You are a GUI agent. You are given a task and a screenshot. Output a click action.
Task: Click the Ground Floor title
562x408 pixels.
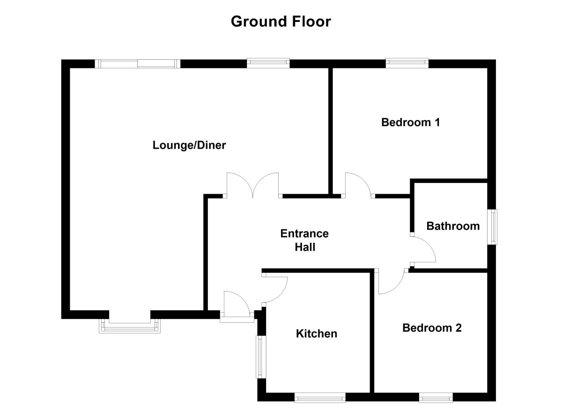pyautogui.click(x=281, y=22)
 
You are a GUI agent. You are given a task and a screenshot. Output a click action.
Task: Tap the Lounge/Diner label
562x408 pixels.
pyautogui.click(x=189, y=145)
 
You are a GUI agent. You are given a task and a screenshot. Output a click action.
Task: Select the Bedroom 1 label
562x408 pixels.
pyautogui.click(x=411, y=123)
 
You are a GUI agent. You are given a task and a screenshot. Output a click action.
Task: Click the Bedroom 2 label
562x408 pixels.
pyautogui.click(x=432, y=328)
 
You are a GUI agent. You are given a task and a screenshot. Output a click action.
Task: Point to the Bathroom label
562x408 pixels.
pyautogui.click(x=453, y=226)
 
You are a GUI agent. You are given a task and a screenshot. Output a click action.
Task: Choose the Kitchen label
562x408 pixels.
pyautogui.click(x=317, y=334)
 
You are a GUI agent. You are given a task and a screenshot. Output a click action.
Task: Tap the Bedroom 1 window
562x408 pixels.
pyautogui.click(x=407, y=63)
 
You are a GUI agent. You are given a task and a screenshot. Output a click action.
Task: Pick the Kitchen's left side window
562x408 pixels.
pyautogui.click(x=260, y=357)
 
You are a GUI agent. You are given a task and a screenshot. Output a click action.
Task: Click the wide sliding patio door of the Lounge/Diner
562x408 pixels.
pyautogui.click(x=137, y=64)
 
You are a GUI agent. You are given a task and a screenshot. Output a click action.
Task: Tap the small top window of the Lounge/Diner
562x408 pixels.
pyautogui.click(x=268, y=63)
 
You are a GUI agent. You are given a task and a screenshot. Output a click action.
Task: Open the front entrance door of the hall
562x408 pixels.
pyautogui.click(x=237, y=306)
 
